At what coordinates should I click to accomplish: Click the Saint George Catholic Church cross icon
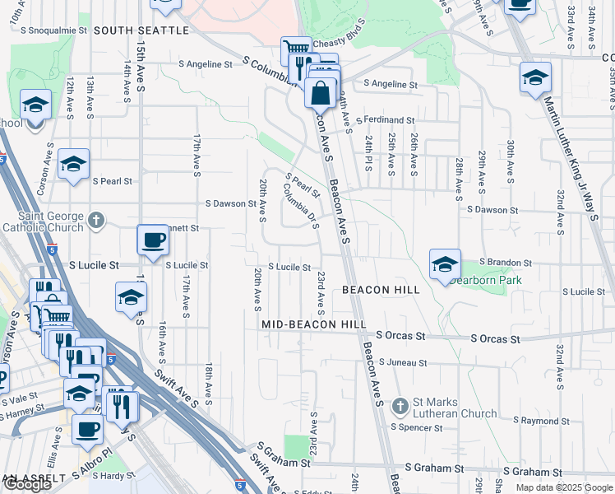point(97,220)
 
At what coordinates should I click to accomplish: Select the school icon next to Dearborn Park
point(445,265)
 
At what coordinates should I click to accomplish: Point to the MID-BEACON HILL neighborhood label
point(314,325)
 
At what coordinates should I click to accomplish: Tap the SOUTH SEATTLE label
point(141,30)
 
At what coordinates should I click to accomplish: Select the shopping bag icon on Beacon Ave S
point(320,93)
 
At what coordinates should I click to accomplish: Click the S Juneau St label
point(403,362)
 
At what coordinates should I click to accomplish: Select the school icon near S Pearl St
point(73,164)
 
